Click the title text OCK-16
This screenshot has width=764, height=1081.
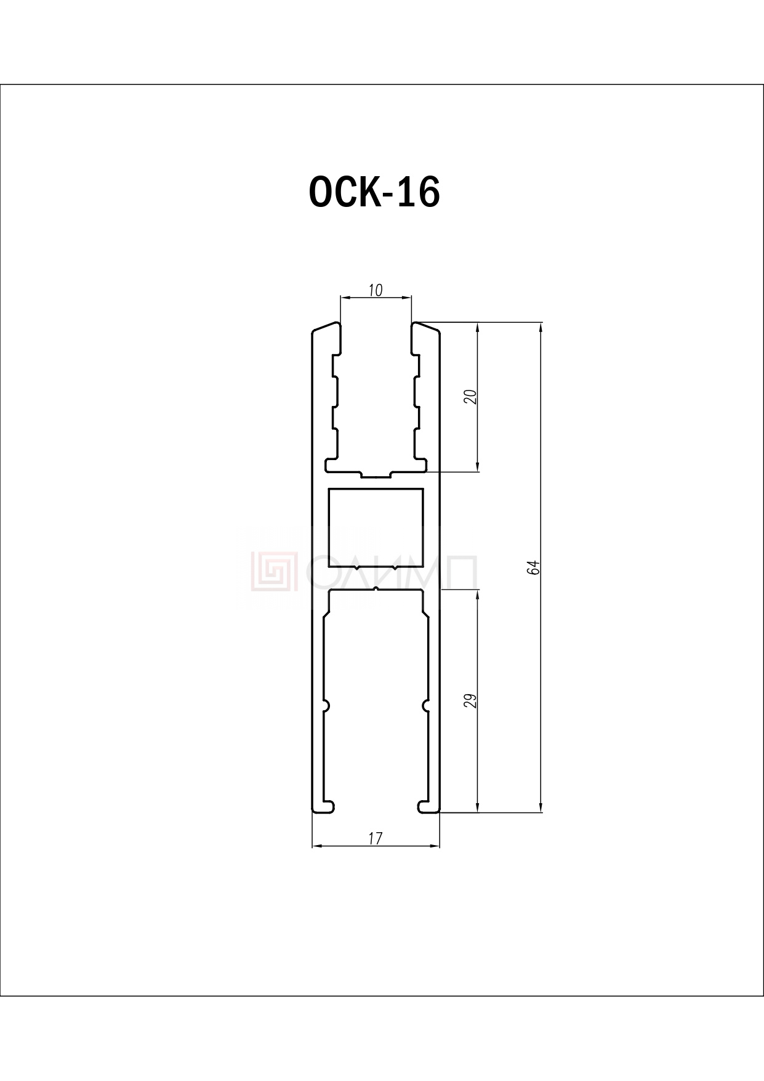click(374, 192)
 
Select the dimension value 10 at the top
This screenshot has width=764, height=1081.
click(376, 290)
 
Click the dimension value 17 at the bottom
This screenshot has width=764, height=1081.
click(376, 838)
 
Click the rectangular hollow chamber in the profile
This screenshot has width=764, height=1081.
click(376, 528)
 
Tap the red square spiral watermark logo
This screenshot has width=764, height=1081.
click(274, 570)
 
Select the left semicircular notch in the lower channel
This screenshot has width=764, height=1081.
click(326, 705)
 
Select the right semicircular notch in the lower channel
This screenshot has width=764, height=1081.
click(425, 705)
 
